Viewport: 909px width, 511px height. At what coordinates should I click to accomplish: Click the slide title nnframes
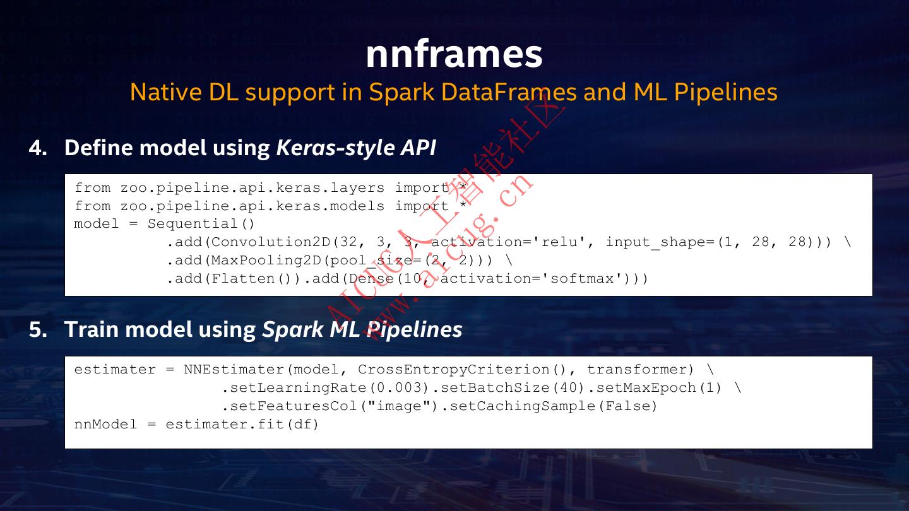pyautogui.click(x=454, y=54)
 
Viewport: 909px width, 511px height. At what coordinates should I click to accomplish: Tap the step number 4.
pyautogui.click(x=37, y=148)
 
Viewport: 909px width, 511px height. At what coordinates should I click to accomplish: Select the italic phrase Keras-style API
pyautogui.click(x=356, y=148)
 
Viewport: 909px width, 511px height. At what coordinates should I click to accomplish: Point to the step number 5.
pyautogui.click(x=37, y=329)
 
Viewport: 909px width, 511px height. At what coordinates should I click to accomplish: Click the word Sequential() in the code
pyautogui.click(x=201, y=224)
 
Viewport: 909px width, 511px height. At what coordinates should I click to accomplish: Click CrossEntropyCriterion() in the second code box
pyautogui.click(x=463, y=370)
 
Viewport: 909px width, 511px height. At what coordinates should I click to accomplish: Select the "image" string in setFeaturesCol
pyautogui.click(x=399, y=406)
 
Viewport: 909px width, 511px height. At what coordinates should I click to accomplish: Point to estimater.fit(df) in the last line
pyautogui.click(x=242, y=425)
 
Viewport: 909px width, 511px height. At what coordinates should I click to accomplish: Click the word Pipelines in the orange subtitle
pyautogui.click(x=726, y=92)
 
